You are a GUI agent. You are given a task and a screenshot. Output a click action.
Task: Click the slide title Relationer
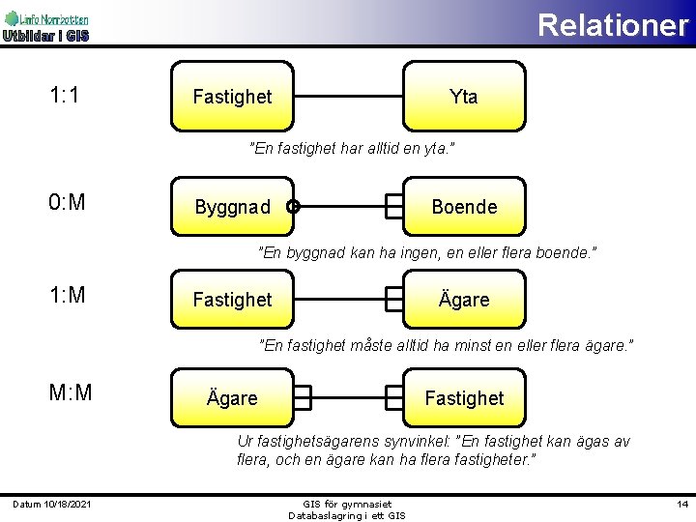(x=612, y=24)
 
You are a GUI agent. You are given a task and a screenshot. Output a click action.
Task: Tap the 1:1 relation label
(x=65, y=95)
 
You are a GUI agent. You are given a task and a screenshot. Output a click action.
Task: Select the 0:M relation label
(x=67, y=202)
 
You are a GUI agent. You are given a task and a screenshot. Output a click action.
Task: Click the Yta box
(x=464, y=97)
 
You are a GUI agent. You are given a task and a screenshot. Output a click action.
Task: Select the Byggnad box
(x=232, y=207)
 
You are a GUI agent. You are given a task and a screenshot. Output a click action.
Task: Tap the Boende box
(x=464, y=207)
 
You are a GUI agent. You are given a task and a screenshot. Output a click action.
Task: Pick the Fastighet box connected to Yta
(x=232, y=97)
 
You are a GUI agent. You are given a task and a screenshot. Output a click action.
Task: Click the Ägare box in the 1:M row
(x=464, y=300)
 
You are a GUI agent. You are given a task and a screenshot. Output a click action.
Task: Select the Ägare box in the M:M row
(x=232, y=397)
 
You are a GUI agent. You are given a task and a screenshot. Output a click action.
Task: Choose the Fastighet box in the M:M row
(x=464, y=397)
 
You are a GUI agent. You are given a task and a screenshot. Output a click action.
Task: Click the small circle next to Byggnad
(x=293, y=206)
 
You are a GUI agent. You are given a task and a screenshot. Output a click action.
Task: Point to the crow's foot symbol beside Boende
(x=394, y=206)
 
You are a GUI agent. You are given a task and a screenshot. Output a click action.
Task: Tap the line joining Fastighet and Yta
(x=348, y=97)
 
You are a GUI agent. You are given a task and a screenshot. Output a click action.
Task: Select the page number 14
(x=681, y=505)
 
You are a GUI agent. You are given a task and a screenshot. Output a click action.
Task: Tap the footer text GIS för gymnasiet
(x=347, y=504)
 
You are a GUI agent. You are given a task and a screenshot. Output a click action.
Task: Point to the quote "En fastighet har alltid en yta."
(x=352, y=149)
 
